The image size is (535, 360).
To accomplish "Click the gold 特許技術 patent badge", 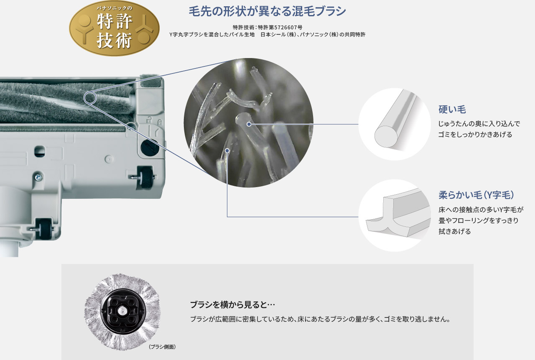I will click(114, 28).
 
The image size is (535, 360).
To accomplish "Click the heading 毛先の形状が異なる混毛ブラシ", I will click(267, 11).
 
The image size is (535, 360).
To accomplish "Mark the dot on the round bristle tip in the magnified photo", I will click(249, 124).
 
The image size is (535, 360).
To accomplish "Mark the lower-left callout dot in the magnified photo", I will click(227, 150).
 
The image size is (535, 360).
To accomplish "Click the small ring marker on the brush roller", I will click(89, 97).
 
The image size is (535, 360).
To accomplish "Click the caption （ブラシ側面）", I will click(162, 347).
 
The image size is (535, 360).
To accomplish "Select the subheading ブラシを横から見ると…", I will click(232, 304).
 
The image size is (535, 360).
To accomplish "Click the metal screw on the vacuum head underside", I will click(38, 177).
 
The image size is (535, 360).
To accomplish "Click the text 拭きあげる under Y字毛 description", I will click(454, 231).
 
